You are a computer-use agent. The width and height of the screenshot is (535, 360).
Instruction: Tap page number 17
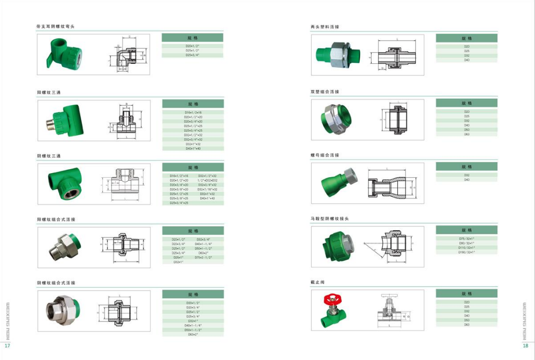[7, 346]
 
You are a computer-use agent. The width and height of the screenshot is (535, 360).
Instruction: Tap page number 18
[525, 346]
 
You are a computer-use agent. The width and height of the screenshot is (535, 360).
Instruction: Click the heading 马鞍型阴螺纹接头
[330, 219]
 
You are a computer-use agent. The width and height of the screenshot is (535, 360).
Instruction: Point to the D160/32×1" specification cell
[466, 252]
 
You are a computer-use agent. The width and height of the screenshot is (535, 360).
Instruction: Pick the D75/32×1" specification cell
[466, 238]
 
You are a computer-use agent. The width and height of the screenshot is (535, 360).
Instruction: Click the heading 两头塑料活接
[325, 26]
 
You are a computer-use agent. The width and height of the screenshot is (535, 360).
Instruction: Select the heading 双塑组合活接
[325, 92]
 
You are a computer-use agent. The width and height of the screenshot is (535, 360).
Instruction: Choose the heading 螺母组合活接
[325, 155]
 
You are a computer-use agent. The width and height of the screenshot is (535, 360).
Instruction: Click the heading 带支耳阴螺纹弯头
[55, 26]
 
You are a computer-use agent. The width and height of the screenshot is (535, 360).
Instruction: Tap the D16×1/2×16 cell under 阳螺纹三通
[193, 112]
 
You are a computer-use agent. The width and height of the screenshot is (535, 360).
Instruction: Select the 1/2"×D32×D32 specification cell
[208, 180]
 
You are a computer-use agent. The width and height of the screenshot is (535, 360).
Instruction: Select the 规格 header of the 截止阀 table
[466, 293]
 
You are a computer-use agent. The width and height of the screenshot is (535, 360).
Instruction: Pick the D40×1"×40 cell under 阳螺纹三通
[193, 148]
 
